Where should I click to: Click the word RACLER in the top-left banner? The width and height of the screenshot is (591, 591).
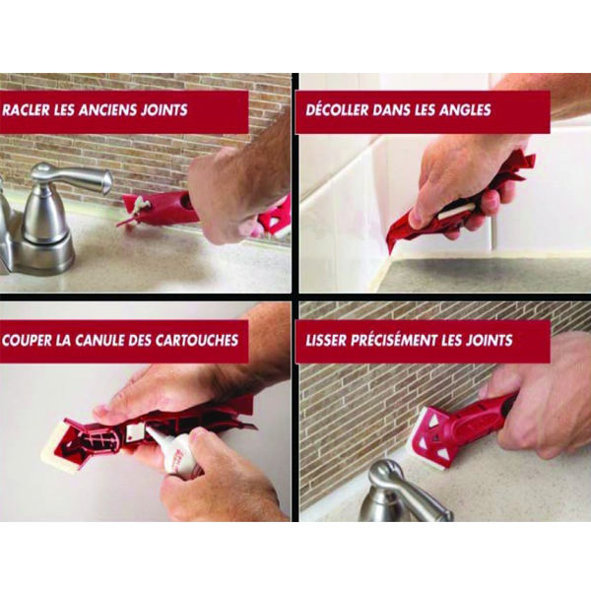pyautogui.click(x=31, y=110)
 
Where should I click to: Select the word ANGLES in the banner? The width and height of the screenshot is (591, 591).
pyautogui.click(x=462, y=110)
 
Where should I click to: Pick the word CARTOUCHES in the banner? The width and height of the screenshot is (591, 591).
pyautogui.click(x=194, y=340)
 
